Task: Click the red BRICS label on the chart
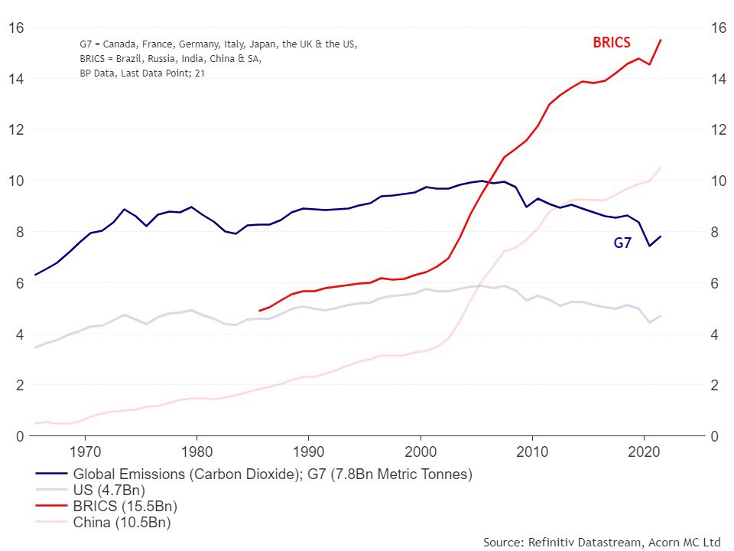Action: pos(612,43)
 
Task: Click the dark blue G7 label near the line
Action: pos(622,243)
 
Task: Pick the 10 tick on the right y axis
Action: pos(719,181)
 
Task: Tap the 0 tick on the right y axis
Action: pos(716,436)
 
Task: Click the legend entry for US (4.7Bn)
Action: pos(109,490)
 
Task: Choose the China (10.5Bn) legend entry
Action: pos(122,523)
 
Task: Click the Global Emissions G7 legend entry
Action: pos(272,474)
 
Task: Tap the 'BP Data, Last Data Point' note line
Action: pos(142,73)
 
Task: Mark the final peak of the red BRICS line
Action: pos(661,40)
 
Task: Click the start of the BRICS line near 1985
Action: pos(260,311)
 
